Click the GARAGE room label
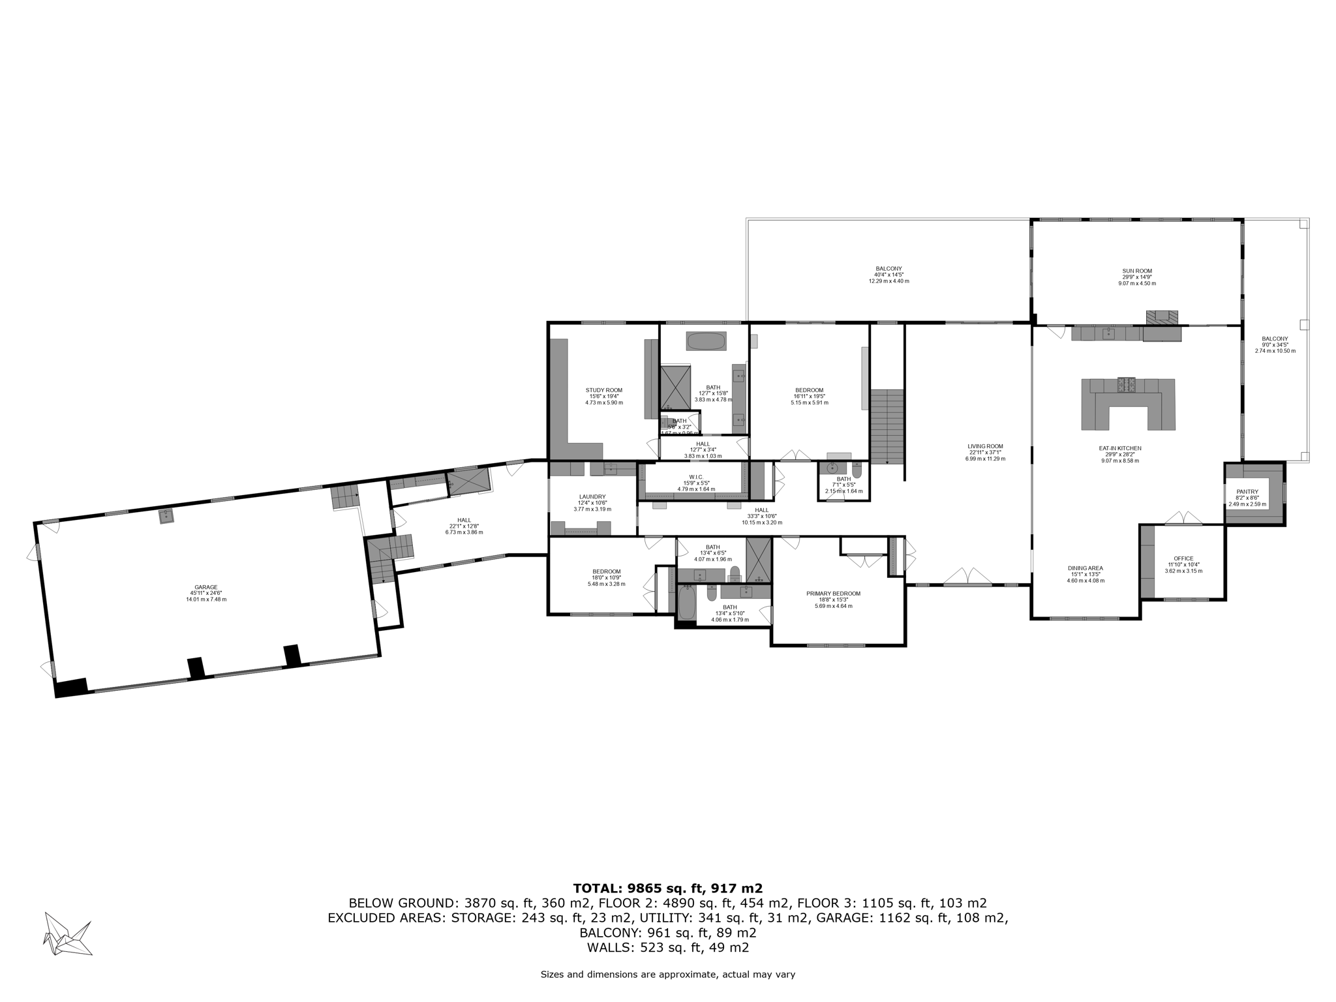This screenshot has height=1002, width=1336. (x=206, y=587)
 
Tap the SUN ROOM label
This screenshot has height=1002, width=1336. (x=1137, y=271)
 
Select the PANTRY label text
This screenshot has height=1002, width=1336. (x=1247, y=492)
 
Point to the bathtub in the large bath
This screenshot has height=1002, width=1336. (x=706, y=341)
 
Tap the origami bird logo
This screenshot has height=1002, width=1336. (x=67, y=934)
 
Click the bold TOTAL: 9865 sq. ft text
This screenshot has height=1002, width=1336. (x=667, y=888)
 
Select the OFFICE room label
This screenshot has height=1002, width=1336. (x=1183, y=558)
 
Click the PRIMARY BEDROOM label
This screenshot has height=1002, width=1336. (x=833, y=594)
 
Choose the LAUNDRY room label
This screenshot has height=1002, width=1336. (x=592, y=497)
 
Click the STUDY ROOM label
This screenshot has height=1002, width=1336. (x=603, y=391)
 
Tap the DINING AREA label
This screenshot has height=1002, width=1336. (x=1085, y=568)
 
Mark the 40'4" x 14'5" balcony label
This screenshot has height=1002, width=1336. (x=888, y=269)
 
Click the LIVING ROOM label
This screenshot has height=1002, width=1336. (x=985, y=447)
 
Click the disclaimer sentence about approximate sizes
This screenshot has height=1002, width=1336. (x=667, y=975)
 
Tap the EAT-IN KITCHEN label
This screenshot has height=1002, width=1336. (x=1119, y=449)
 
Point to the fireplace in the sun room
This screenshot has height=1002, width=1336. (x=1162, y=318)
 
